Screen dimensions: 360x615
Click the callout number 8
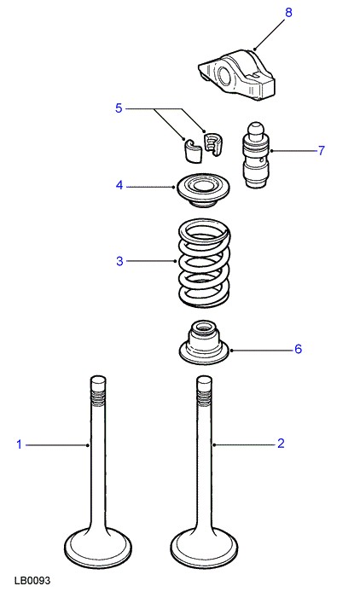pos(288,13)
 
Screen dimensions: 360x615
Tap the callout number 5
pos(119,108)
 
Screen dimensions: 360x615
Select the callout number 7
pos(321,150)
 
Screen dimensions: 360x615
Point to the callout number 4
pos(119,185)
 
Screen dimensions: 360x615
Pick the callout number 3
pos(119,261)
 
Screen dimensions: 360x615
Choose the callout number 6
pos(298,349)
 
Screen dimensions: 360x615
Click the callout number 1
pos(19,444)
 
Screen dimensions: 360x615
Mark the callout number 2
pos(281,444)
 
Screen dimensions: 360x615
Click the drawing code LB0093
pos(32,581)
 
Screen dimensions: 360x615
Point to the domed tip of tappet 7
pos(255,129)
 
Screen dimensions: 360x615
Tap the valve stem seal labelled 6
pos(204,342)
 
